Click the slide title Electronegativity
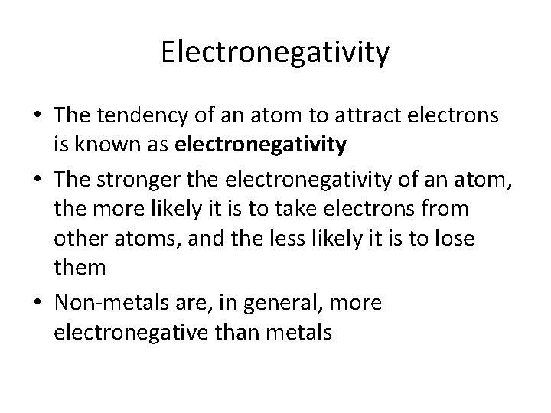275,53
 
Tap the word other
79,237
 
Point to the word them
79,266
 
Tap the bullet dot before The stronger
36,180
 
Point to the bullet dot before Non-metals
36,304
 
